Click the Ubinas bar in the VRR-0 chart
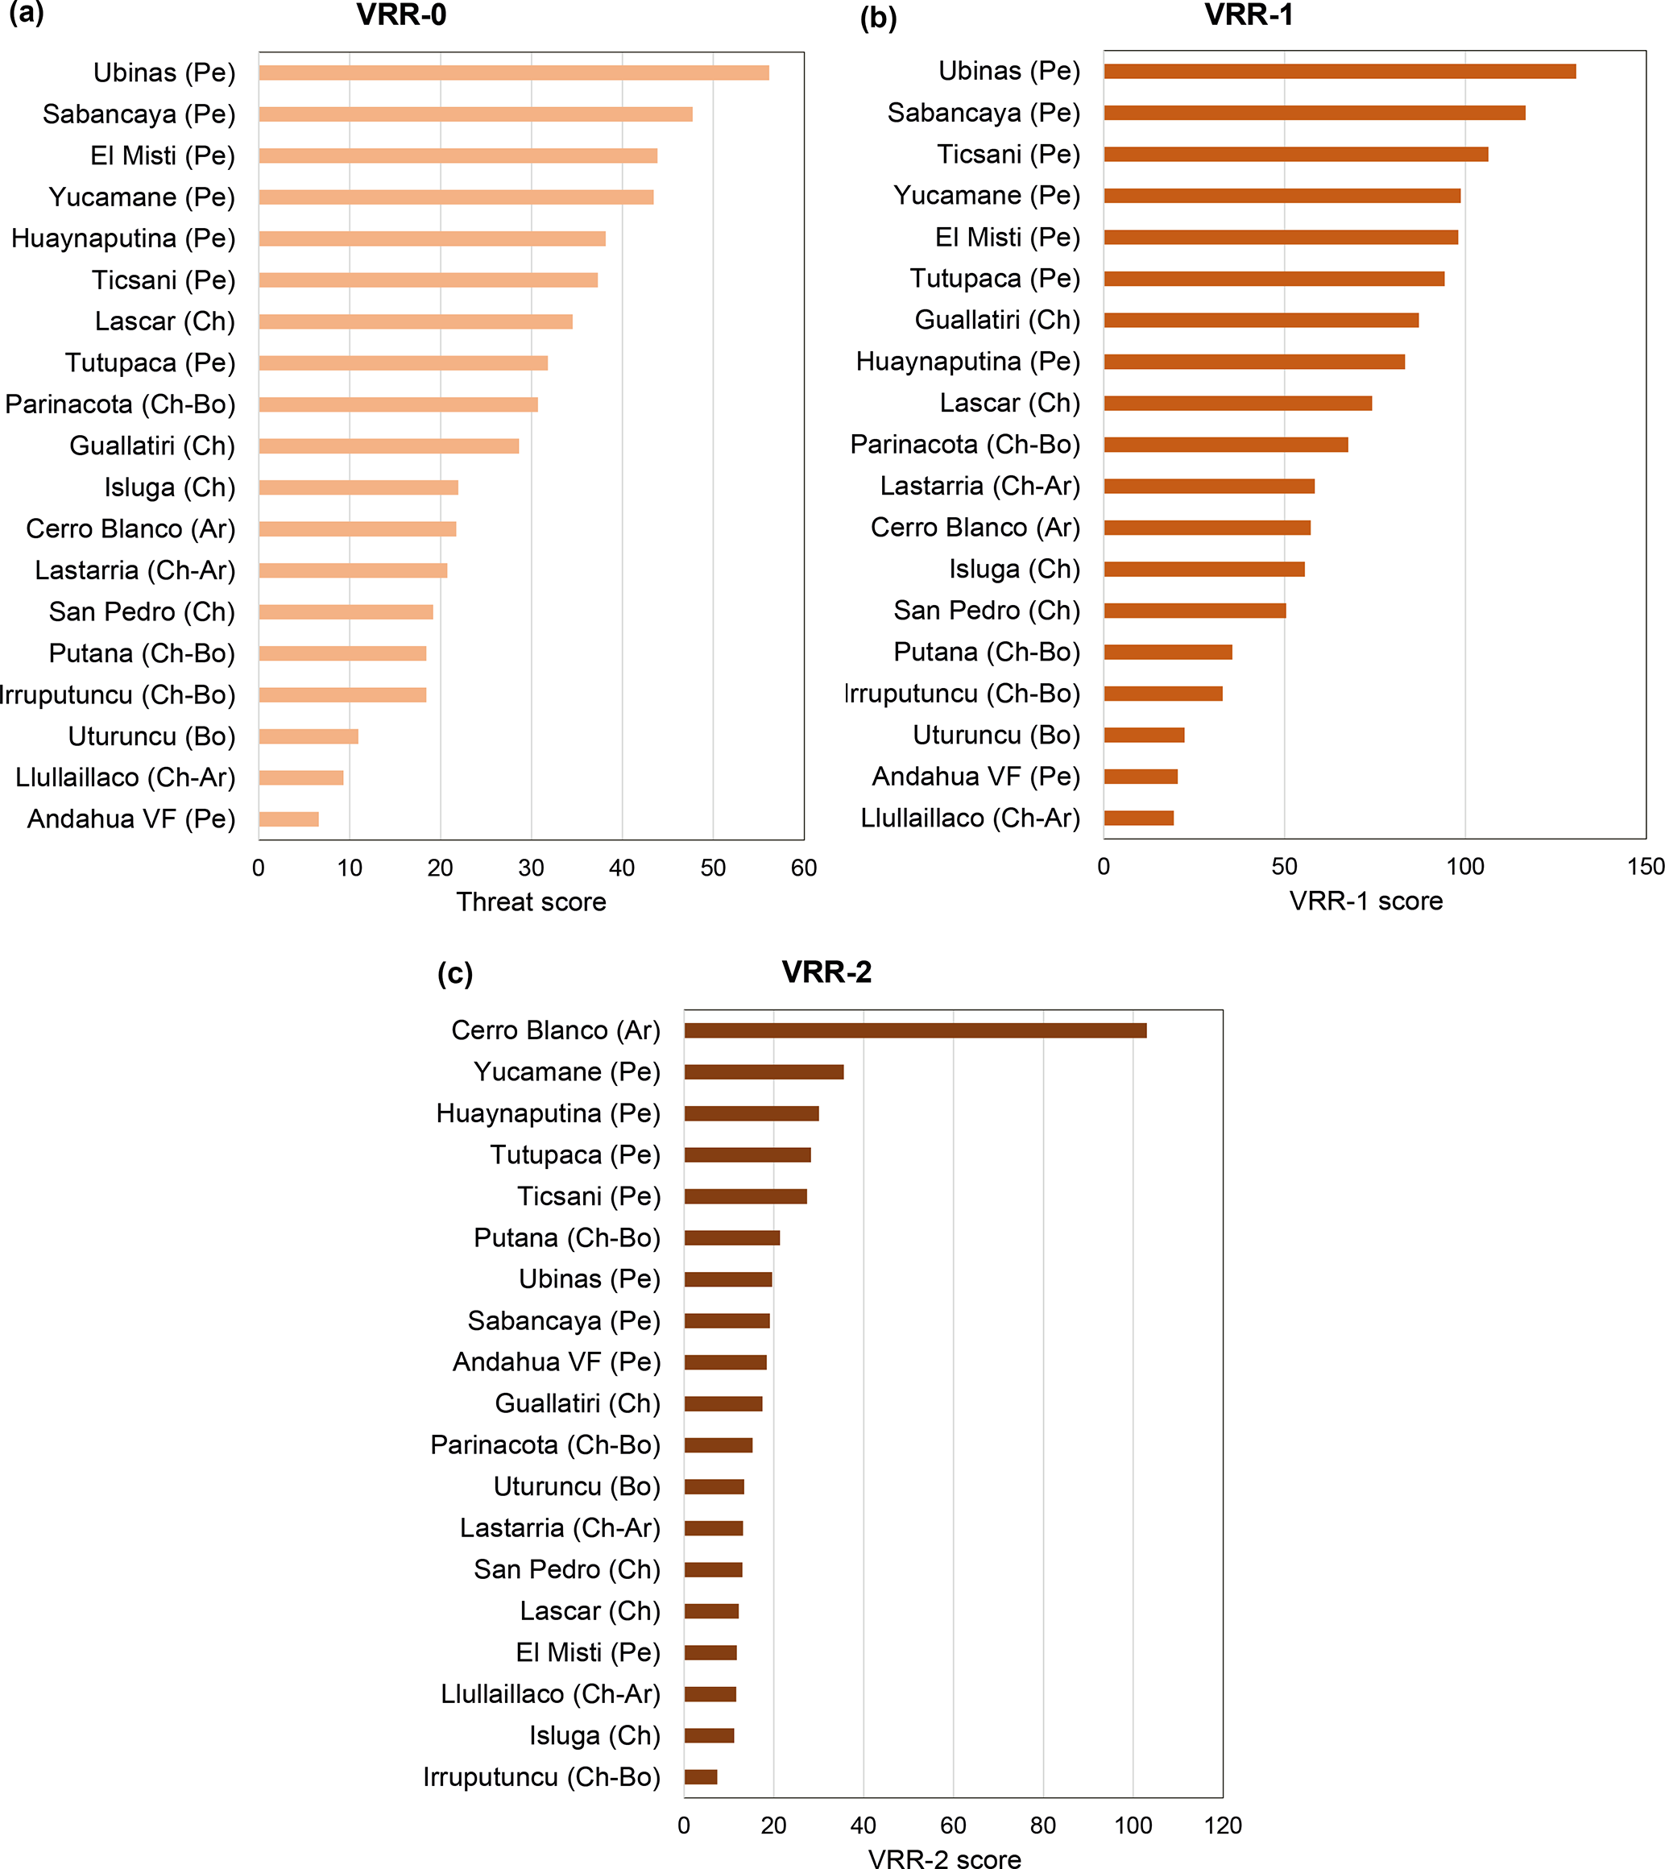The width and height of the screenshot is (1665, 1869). coord(513,73)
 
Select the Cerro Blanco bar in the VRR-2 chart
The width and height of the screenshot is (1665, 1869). coord(915,1031)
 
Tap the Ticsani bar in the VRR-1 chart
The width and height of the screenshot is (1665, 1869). coord(1295,155)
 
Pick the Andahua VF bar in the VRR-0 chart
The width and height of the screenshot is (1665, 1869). coord(289,819)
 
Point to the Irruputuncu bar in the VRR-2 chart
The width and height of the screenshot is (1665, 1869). coord(701,1777)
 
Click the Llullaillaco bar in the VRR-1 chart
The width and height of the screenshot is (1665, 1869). coord(1139,818)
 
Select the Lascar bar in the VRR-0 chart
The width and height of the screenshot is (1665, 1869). coord(416,322)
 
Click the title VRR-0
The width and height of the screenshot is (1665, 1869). coord(402,15)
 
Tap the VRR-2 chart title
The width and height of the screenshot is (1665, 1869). coord(826,972)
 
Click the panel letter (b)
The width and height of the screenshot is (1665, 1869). coord(878,19)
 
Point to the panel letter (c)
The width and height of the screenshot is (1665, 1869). coord(454,973)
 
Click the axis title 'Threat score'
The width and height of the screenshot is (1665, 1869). coord(531,902)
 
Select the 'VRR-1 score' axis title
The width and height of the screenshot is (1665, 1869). coord(1366,901)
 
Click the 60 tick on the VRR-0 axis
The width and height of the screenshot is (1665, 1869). coord(803,868)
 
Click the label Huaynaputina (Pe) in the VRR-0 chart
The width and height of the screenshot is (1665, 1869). coord(123,238)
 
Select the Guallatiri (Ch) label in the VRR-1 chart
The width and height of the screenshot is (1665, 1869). coord(997,320)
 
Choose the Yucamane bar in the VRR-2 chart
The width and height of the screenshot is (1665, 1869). coord(764,1072)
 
